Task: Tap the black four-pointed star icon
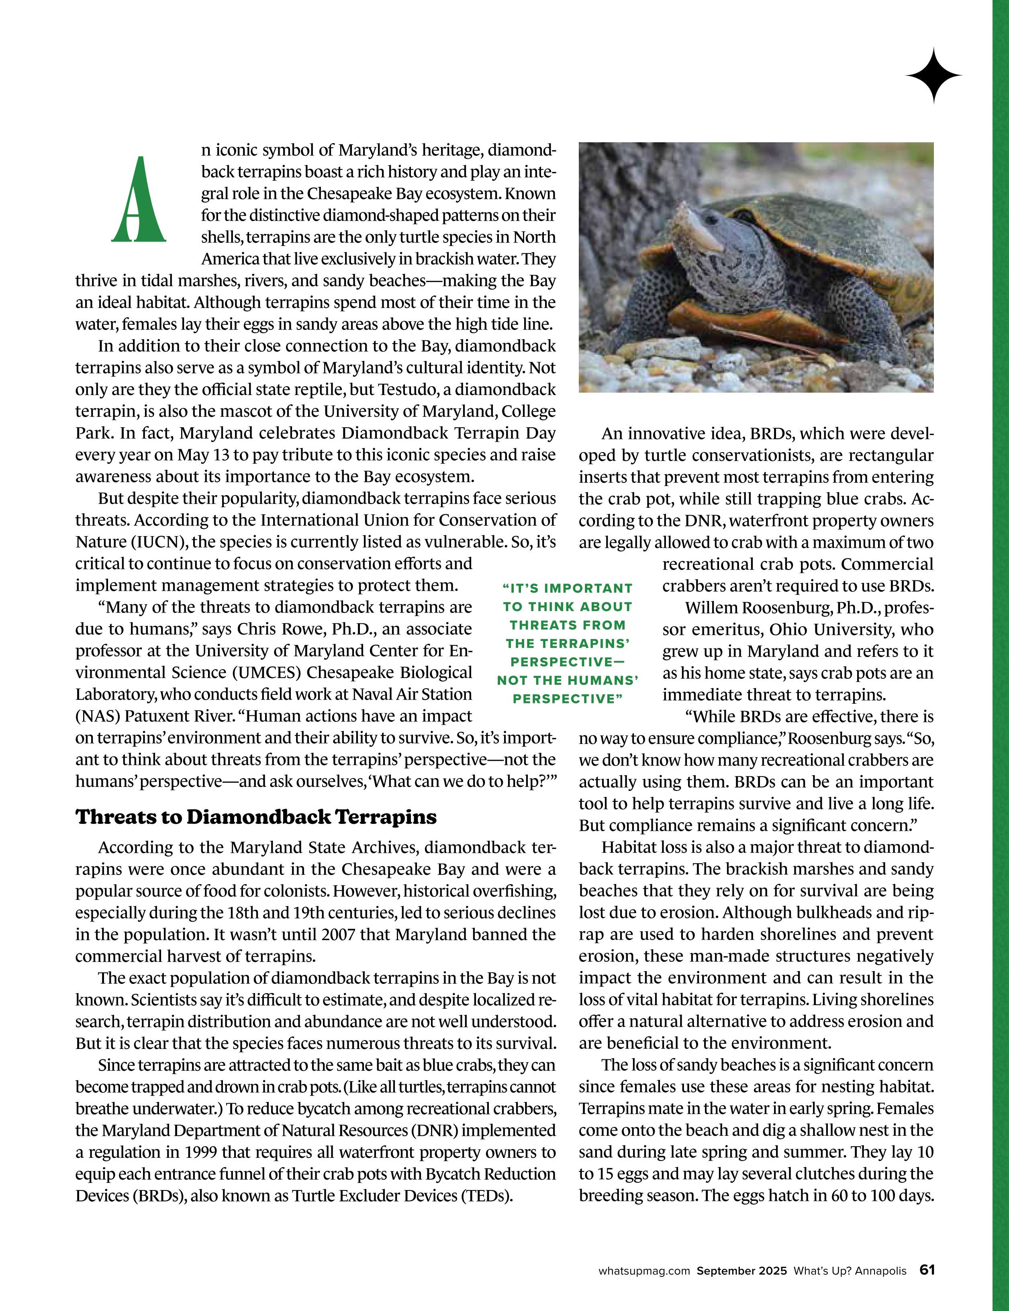tap(933, 76)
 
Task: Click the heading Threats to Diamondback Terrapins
tap(256, 817)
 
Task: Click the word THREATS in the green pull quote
tap(568, 625)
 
